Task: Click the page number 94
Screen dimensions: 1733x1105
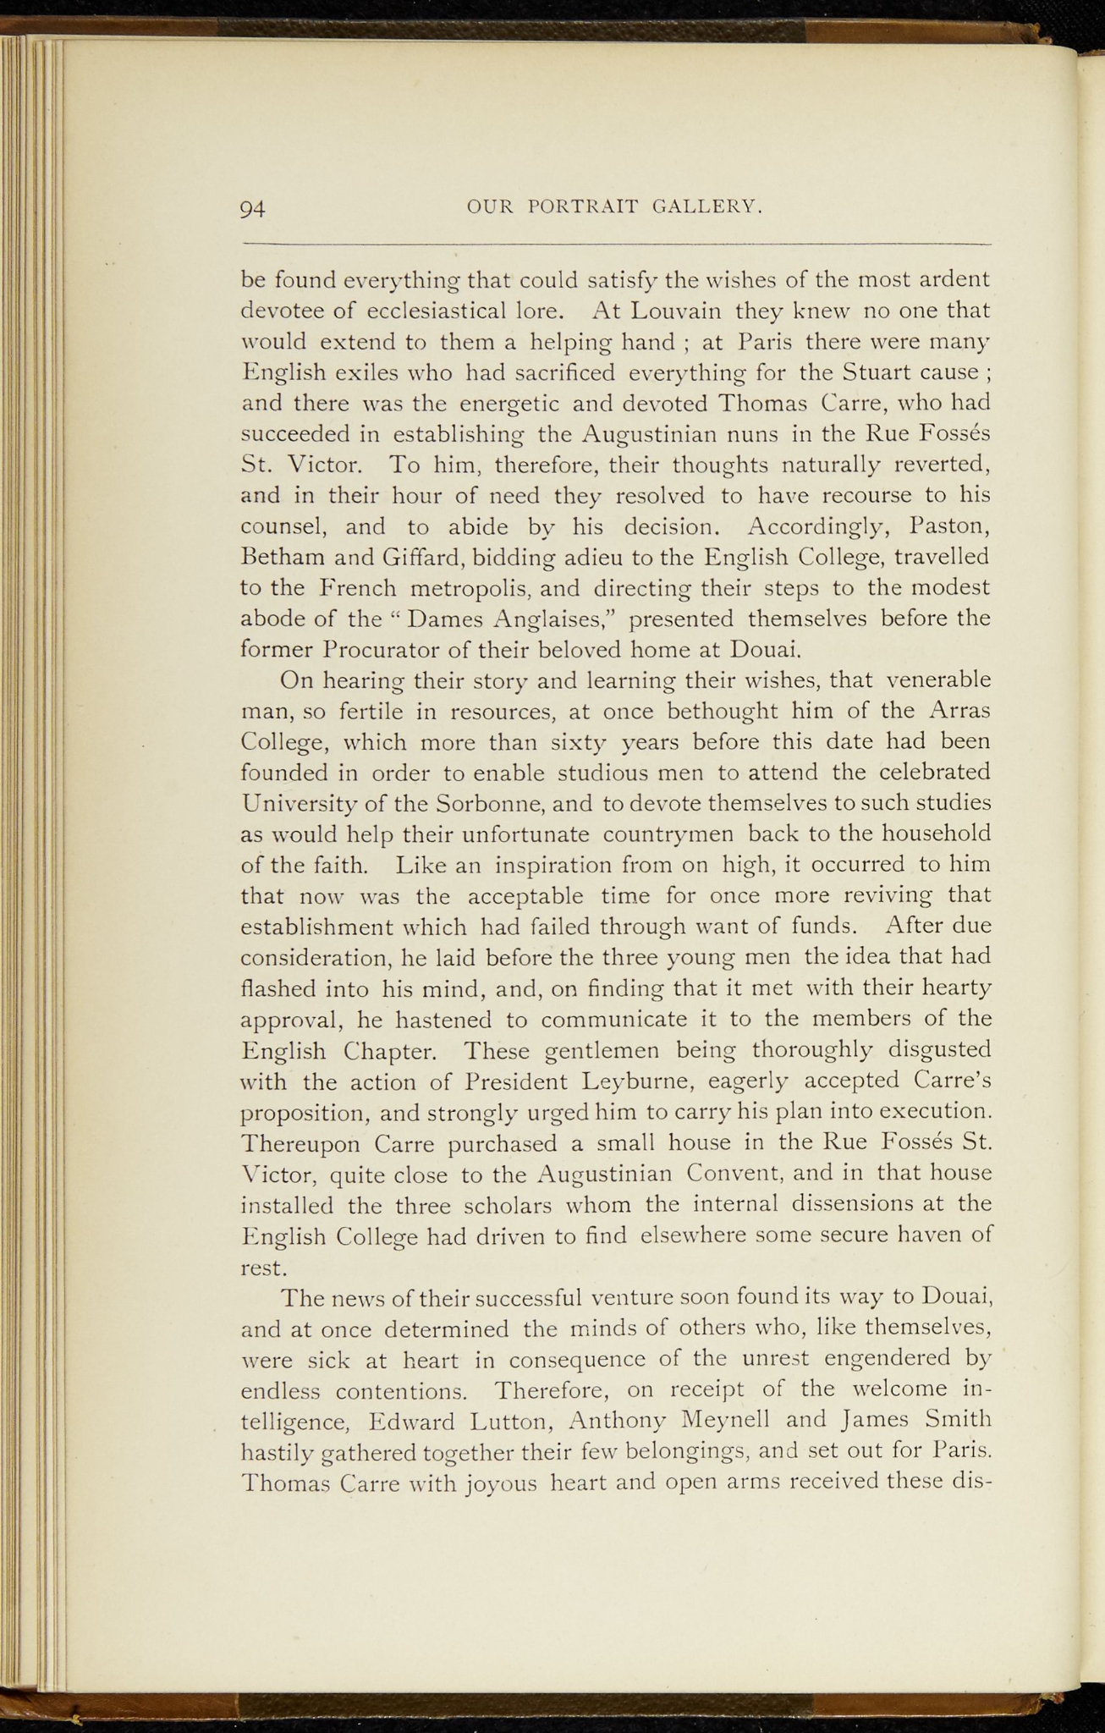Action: tap(253, 209)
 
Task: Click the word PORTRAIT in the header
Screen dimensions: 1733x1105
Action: tap(583, 206)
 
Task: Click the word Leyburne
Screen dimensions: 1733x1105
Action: tap(640, 1081)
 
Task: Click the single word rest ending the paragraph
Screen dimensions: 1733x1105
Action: tap(260, 1268)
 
